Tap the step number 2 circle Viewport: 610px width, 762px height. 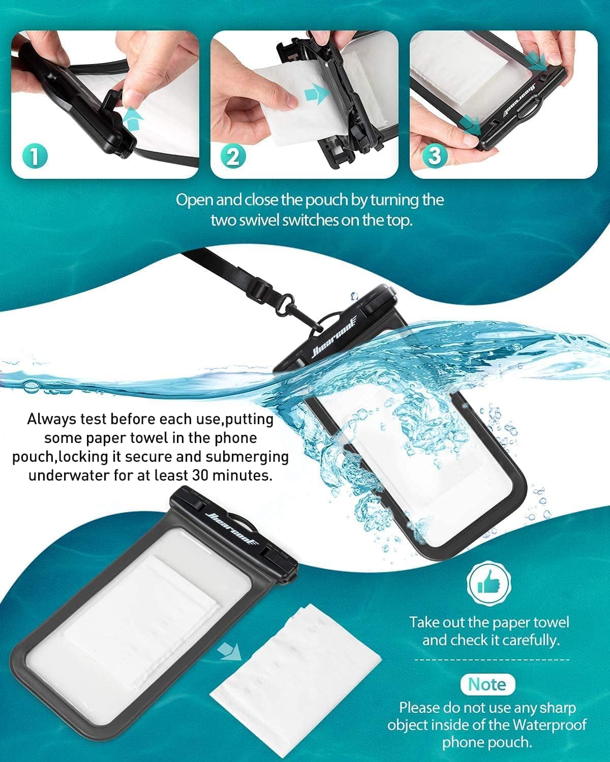click(233, 156)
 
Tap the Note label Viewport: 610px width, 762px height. click(487, 684)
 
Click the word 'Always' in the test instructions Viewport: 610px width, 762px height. click(53, 419)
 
